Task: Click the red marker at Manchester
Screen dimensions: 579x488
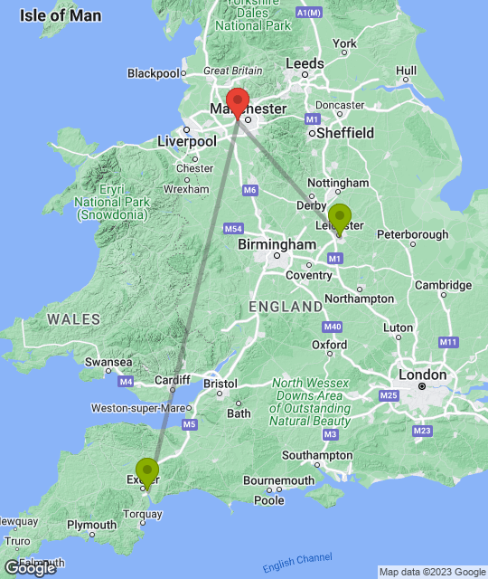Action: pos(238,102)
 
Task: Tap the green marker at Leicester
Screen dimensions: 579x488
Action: pos(340,218)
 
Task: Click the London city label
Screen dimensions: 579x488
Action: pos(423,375)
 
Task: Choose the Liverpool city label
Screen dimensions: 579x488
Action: pos(187,142)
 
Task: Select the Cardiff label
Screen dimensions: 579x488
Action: pos(172,380)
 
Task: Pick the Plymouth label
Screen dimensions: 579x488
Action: pos(92,525)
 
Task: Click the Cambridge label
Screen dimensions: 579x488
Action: pos(443,286)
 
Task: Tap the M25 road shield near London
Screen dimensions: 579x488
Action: pos(389,396)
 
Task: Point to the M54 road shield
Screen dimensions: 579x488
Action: pos(234,229)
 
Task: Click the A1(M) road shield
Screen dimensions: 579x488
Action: pos(309,12)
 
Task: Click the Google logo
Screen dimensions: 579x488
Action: pos(30,568)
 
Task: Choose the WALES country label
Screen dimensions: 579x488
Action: pos(69,319)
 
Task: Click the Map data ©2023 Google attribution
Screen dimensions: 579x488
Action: pos(430,572)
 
